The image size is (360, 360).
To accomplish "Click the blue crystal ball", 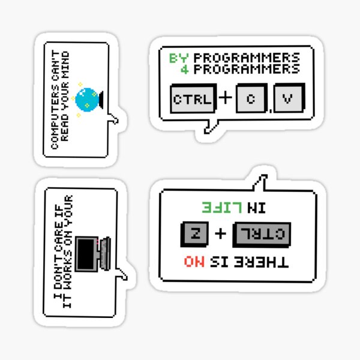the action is coord(87,100).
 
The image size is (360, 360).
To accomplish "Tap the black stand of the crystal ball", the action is coord(101,100).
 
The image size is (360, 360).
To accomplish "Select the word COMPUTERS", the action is coord(55,117).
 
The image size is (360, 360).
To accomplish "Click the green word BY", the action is coord(179,58).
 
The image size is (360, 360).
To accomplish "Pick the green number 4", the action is coord(184,70).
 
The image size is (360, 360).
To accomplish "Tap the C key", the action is coord(251,98).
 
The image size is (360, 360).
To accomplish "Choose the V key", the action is coord(289,98).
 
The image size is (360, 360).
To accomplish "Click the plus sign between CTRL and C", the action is coord(226,98).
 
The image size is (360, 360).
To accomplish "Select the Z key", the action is coord(194,234).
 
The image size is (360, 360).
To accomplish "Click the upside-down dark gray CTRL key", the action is coord(262,235).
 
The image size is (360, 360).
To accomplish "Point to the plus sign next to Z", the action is coord(220,234).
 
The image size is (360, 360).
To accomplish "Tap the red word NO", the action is coord(194,262).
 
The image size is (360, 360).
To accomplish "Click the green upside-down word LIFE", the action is coord(222,208).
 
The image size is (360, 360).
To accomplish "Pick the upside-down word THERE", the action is coord(261,262).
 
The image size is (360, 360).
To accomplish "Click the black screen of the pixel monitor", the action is coord(86,254).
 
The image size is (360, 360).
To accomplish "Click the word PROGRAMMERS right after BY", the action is coord(247,58).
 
